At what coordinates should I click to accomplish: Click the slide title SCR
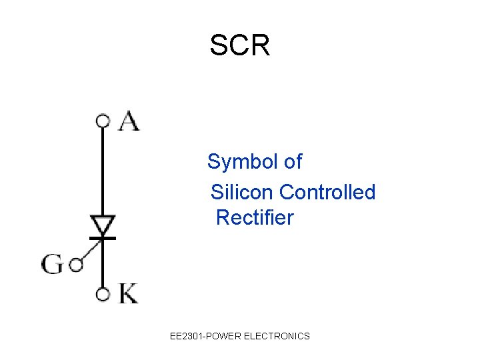tap(239, 46)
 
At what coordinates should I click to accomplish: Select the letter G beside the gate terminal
tap(53, 265)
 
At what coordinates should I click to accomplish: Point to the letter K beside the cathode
tap(129, 293)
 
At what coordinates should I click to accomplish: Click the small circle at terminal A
tap(103, 121)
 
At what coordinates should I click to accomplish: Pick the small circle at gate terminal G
tap(75, 265)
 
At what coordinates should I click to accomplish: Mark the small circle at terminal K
tap(103, 293)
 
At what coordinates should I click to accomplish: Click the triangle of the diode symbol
tap(103, 225)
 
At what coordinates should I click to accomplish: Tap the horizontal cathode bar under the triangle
tap(103, 237)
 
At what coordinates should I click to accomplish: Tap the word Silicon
tap(242, 193)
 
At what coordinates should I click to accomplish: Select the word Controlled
tap(327, 193)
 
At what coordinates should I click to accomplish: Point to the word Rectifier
tap(255, 218)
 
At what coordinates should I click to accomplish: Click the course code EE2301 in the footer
tap(187, 336)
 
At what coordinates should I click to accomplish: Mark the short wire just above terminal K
tap(103, 273)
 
